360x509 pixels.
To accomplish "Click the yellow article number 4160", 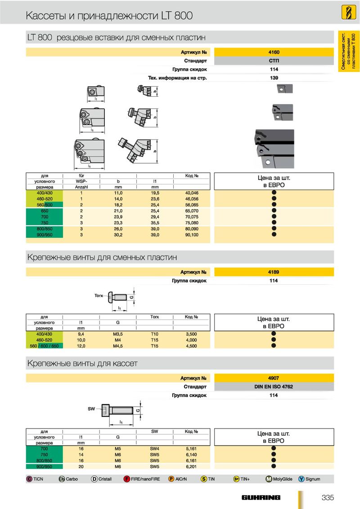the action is [274, 52].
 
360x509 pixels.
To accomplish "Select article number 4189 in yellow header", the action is [274, 272].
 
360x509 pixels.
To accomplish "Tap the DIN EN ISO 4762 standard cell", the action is [274, 387].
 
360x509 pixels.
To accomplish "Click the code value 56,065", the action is [192, 205].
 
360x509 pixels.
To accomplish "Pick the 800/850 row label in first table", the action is [45, 229].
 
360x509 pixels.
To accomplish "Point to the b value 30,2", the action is [118, 235].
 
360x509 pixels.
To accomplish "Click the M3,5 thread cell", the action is [117, 334].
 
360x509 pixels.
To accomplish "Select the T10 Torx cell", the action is [155, 334].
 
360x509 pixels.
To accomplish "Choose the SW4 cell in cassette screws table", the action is [155, 449].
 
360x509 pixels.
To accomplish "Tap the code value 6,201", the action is [191, 466].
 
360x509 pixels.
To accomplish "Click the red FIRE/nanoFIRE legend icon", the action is [127, 479].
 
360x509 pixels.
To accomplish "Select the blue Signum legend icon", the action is [301, 479].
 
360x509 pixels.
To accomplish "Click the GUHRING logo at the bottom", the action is [261, 497].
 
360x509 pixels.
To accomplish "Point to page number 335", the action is [328, 497].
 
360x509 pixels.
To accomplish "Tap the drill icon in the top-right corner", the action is [348, 13].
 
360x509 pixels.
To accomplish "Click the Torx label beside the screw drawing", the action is [99, 296].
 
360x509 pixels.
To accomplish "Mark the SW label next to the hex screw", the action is [91, 409].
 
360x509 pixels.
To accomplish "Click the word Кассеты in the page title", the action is [46, 15].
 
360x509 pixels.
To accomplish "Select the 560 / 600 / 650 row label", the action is [44, 346].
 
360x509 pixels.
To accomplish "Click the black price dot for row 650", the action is [274, 210].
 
